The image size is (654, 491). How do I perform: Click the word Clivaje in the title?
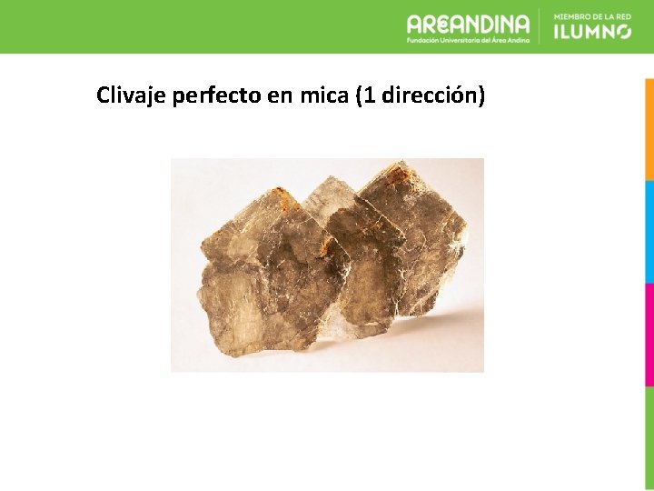pyautogui.click(x=131, y=95)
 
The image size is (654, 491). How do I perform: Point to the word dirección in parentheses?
pyautogui.click(x=429, y=95)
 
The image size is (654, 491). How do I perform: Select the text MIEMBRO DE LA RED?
pyautogui.click(x=591, y=16)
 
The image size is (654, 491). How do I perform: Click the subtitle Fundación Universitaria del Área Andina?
pyautogui.click(x=468, y=40)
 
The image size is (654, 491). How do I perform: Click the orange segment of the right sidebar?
pyautogui.click(x=649, y=127)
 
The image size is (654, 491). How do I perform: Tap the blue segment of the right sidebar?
pyautogui.click(x=649, y=231)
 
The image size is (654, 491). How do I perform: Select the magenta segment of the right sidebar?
pyautogui.click(x=649, y=335)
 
